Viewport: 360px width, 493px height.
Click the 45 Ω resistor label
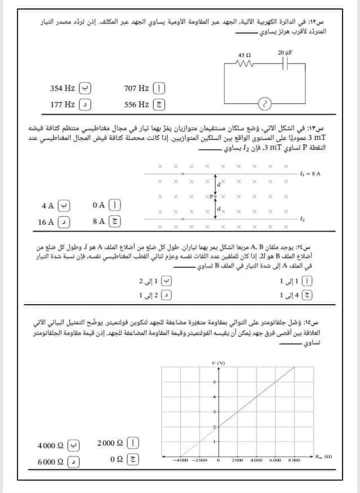[x=245, y=56]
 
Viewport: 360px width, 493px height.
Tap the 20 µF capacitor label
[x=285, y=52]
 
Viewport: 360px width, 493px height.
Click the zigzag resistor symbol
[x=245, y=64]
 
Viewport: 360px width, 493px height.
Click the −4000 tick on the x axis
[x=181, y=460]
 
